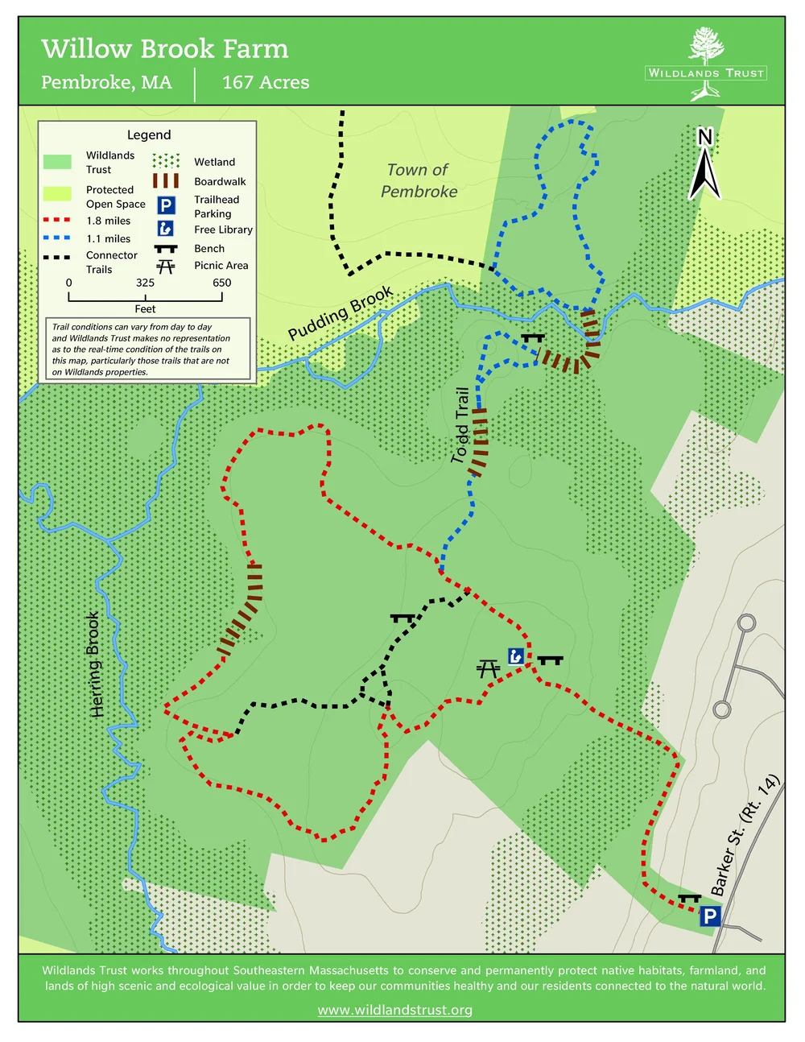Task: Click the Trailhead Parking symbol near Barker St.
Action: click(x=709, y=916)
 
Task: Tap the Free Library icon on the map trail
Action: click(x=516, y=655)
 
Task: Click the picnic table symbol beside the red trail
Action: click(x=488, y=668)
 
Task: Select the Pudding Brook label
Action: click(x=340, y=312)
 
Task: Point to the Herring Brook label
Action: click(x=95, y=664)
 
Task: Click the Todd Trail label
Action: click(x=460, y=425)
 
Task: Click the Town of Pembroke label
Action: click(x=419, y=180)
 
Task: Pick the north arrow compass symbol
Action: click(x=704, y=164)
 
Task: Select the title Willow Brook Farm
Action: click(x=165, y=49)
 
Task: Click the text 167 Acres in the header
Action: click(x=266, y=82)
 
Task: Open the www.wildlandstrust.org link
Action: click(x=394, y=1010)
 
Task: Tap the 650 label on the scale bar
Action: click(x=221, y=283)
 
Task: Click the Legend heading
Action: click(x=149, y=134)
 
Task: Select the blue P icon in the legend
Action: click(x=166, y=205)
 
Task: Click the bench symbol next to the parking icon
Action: click(x=689, y=898)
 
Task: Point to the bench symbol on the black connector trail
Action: click(x=402, y=618)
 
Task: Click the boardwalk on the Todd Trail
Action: click(x=479, y=441)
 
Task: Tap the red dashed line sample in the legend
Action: click(x=56, y=220)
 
